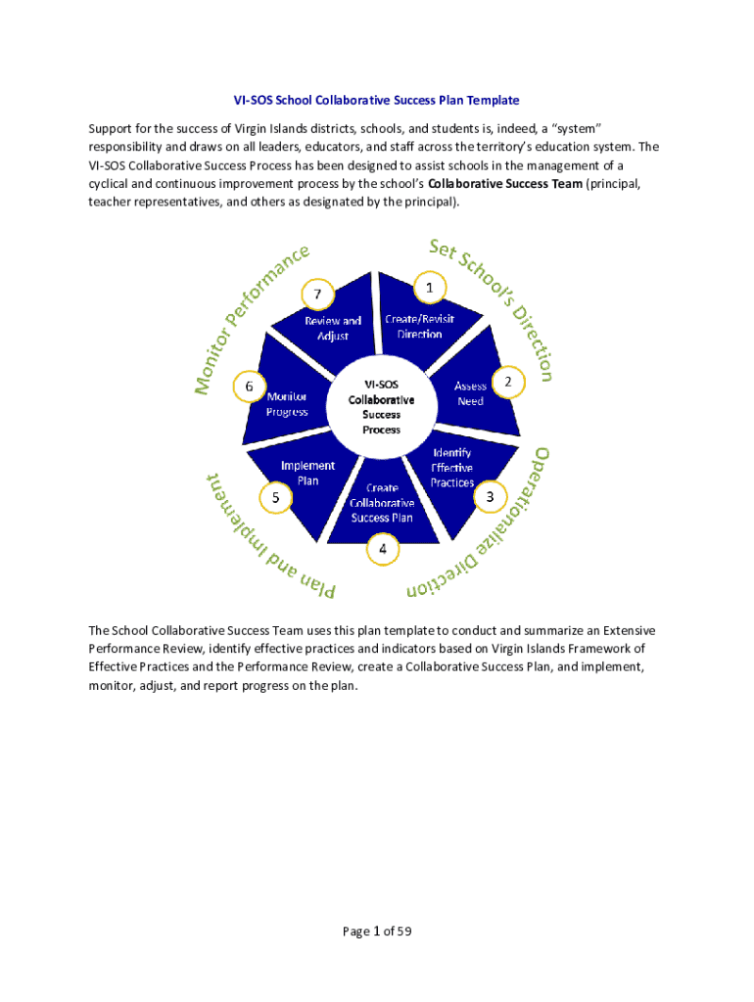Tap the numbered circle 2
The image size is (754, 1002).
(x=507, y=383)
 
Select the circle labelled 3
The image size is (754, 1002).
(x=490, y=498)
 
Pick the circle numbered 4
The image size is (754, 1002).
(x=383, y=550)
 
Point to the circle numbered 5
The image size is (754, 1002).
(x=276, y=498)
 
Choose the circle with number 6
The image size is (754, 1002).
(x=250, y=387)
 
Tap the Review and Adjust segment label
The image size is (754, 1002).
(x=332, y=328)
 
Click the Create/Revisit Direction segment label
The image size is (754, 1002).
(x=419, y=326)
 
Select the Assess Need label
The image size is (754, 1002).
(x=470, y=393)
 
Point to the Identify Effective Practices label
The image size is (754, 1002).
(x=451, y=468)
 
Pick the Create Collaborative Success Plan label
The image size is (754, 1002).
(x=382, y=502)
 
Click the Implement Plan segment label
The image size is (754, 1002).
(x=307, y=473)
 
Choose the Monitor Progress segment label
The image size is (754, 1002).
(x=288, y=403)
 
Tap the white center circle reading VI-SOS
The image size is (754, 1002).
(x=382, y=407)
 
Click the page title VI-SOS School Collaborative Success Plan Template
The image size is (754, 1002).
(x=376, y=101)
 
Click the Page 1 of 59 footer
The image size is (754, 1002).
(x=376, y=931)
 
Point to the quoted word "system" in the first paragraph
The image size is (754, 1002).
(x=571, y=129)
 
